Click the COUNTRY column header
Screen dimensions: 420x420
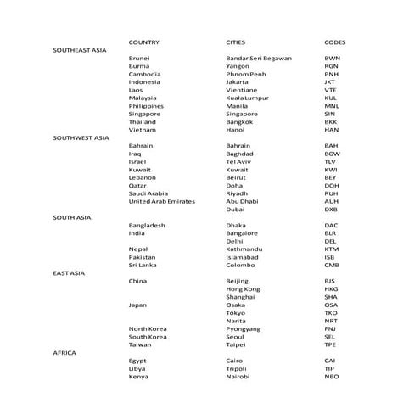click(144, 42)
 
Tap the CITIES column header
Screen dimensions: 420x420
click(236, 42)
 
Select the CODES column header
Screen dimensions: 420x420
click(334, 42)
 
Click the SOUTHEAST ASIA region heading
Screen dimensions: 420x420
click(81, 50)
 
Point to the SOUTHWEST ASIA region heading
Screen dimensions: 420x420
click(81, 137)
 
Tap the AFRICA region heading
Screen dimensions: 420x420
click(64, 351)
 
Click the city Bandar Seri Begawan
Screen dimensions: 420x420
click(259, 58)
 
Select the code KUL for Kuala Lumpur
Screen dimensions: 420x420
click(331, 97)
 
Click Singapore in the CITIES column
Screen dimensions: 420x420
click(242, 113)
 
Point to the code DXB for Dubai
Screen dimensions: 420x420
click(331, 209)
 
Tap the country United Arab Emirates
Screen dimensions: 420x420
click(161, 201)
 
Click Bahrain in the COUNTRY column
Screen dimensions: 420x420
click(141, 145)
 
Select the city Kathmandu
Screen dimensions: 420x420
click(244, 249)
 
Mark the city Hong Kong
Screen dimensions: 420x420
click(243, 288)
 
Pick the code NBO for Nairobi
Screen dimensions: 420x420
click(331, 376)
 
